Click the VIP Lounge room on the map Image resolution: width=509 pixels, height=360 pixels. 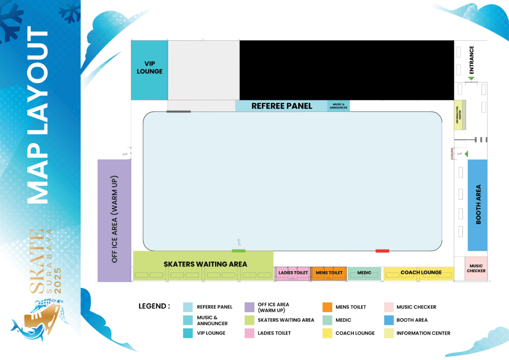(x=149, y=70)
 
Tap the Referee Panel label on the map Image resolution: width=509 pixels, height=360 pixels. (x=281, y=106)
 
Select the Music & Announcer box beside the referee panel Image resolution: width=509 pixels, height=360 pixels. (x=338, y=106)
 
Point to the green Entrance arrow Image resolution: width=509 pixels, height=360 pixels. (x=471, y=79)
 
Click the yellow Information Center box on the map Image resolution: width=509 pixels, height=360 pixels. (x=458, y=115)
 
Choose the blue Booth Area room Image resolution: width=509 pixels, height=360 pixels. (x=477, y=205)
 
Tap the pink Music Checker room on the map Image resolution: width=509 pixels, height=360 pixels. (x=476, y=269)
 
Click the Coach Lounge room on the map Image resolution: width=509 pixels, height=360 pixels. (x=421, y=273)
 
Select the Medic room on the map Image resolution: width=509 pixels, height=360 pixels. (x=364, y=273)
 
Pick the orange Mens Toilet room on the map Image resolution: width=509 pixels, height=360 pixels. (x=329, y=273)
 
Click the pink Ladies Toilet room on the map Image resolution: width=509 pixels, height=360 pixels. (x=293, y=273)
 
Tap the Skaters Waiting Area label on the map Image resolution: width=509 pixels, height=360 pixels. (x=205, y=264)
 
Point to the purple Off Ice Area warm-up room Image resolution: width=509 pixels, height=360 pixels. (x=114, y=220)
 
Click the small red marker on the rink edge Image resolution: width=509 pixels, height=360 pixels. (x=382, y=251)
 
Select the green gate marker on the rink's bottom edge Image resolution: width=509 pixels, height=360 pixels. (x=239, y=250)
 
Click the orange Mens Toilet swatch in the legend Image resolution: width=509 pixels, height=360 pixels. (x=327, y=307)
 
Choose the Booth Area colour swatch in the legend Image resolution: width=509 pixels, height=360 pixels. (x=388, y=320)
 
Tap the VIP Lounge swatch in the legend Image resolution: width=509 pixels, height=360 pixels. (x=188, y=333)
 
